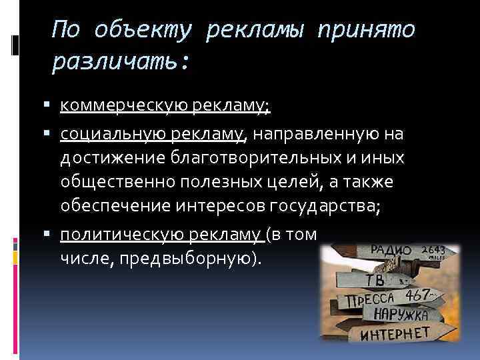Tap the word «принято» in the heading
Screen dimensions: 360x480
367,30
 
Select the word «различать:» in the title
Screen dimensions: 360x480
121,63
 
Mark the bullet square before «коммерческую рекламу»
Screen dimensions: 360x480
53,105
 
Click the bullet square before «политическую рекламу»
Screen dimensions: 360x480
53,235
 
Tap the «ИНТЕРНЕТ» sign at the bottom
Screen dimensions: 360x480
395,333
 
